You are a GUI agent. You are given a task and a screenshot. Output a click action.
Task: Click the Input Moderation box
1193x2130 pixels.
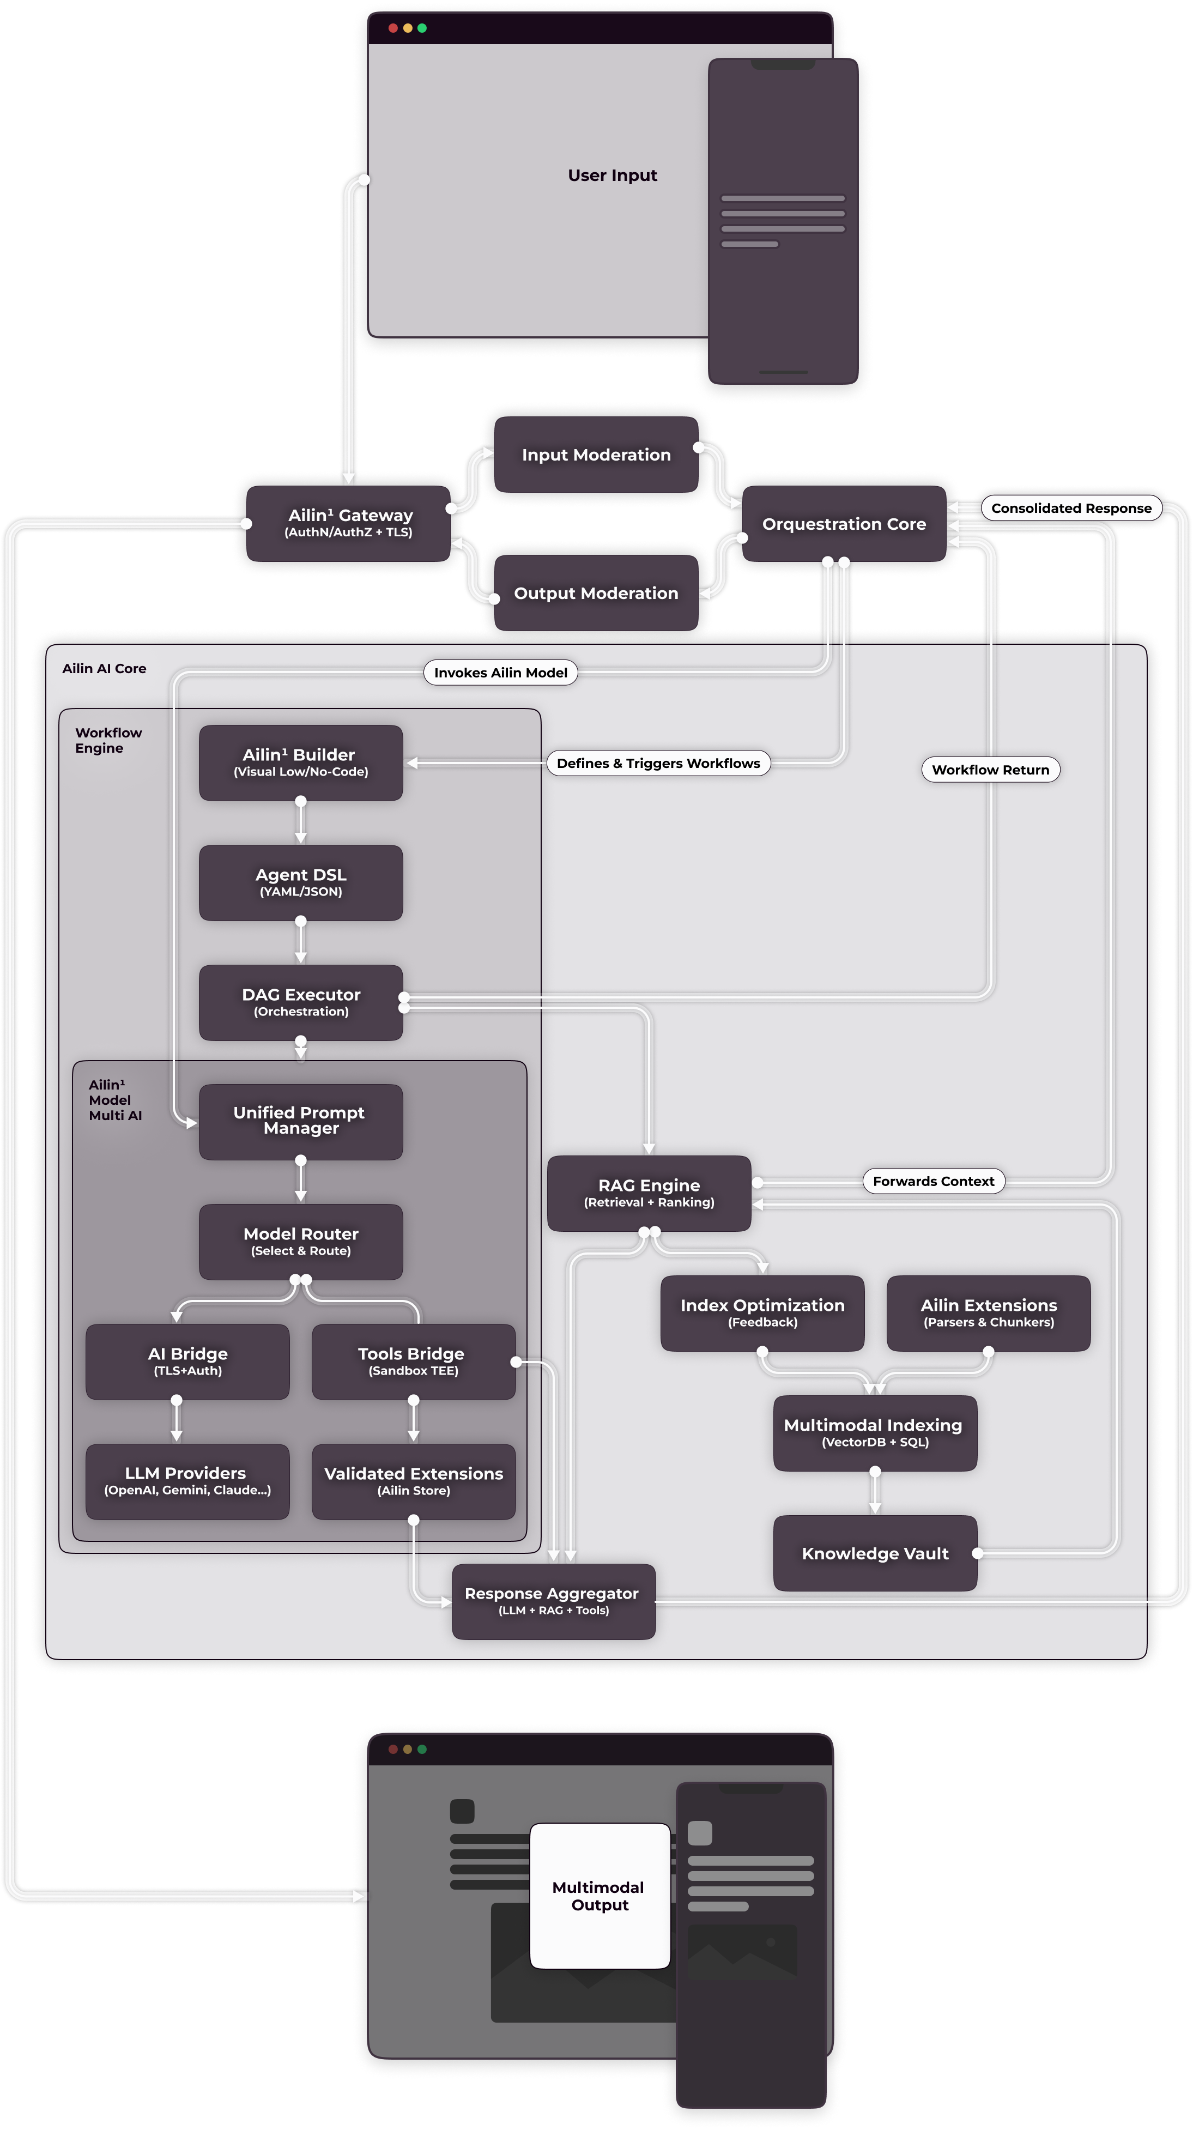click(x=596, y=455)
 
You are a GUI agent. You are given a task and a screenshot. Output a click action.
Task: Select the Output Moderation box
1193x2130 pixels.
click(x=596, y=593)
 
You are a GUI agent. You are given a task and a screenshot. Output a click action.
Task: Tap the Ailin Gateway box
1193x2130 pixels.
click(x=349, y=523)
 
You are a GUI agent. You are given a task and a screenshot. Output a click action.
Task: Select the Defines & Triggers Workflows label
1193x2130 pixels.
click(x=658, y=763)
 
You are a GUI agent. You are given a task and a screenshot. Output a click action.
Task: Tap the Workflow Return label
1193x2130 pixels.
click(x=990, y=770)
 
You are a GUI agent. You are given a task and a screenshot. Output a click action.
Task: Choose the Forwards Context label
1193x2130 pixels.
click(x=934, y=1181)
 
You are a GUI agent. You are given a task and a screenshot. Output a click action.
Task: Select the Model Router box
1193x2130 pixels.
click(x=301, y=1241)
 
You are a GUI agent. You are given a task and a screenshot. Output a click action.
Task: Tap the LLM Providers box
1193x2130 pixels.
click(x=187, y=1481)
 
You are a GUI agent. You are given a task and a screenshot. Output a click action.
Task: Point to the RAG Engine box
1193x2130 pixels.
click(x=649, y=1193)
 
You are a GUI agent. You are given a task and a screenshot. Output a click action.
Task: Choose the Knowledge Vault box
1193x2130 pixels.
click(x=875, y=1553)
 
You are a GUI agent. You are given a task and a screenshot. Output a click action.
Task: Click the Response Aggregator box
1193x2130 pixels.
click(x=553, y=1601)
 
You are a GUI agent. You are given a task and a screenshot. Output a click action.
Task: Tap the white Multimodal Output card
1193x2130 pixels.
click(x=599, y=1895)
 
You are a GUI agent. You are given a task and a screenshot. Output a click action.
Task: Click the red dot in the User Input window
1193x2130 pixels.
click(x=393, y=28)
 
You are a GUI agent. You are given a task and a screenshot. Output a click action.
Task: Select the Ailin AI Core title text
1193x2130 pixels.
click(x=104, y=668)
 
